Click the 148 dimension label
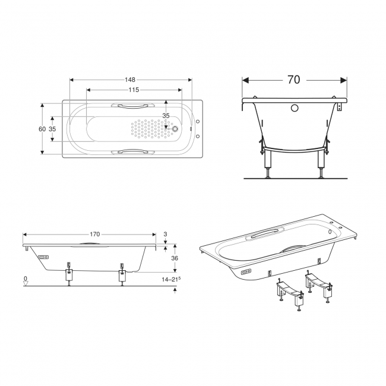(x=129, y=80)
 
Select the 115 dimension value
(x=134, y=90)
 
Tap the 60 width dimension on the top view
(x=42, y=129)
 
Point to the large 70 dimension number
(x=294, y=80)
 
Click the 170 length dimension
(x=95, y=234)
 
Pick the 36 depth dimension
(x=175, y=258)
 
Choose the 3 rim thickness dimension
(x=166, y=233)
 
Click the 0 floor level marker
(x=26, y=279)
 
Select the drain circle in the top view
(x=176, y=129)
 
